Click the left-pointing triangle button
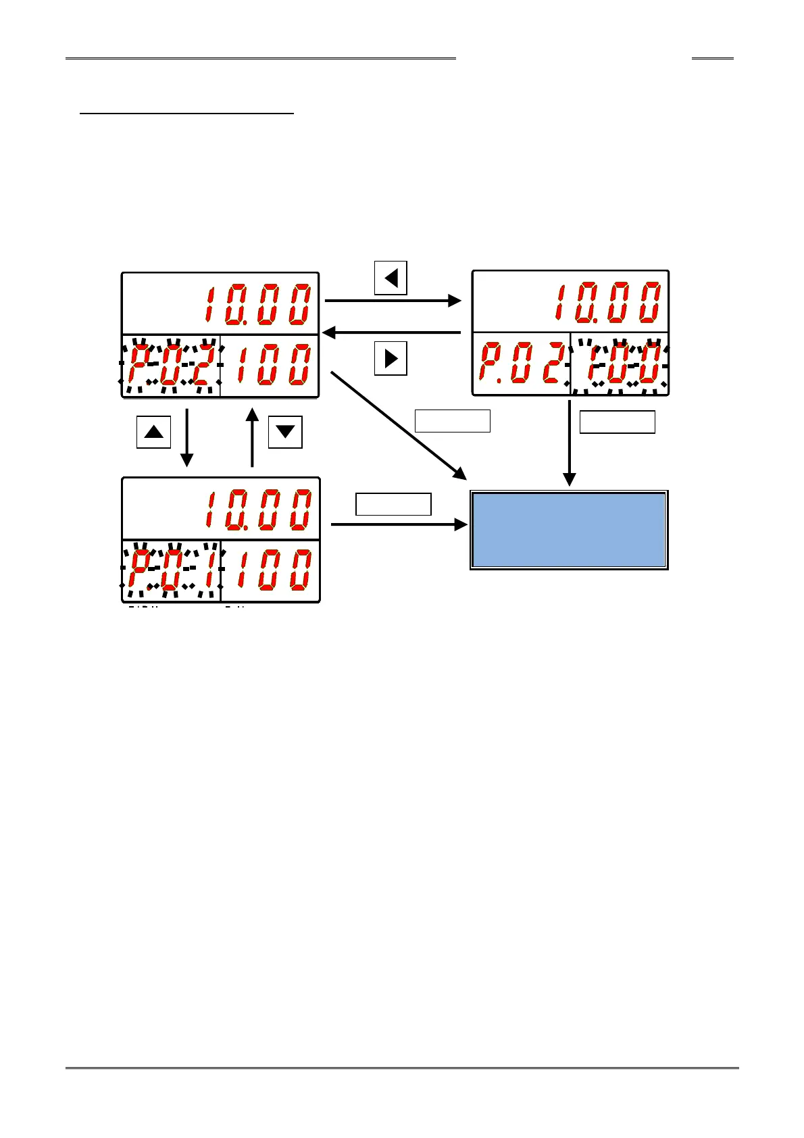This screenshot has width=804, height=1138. pos(391,278)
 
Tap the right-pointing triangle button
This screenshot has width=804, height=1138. pos(391,358)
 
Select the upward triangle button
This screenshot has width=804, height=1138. pos(154,432)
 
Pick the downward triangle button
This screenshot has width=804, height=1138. pos(285,432)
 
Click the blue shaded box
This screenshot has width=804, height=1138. pos(569,530)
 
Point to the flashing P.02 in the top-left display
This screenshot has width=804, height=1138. pos(171,366)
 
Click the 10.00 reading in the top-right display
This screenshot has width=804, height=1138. pos(607,301)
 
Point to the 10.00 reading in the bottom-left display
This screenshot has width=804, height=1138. pos(258,508)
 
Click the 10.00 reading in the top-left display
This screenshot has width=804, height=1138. pos(258,303)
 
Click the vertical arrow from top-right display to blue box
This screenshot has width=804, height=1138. pos(570,443)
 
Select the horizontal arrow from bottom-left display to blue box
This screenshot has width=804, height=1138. pos(399,524)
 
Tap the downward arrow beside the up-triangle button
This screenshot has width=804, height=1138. pos(186,437)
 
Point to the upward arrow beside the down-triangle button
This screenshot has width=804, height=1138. pos(252,437)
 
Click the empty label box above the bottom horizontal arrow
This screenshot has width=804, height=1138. pos(393,504)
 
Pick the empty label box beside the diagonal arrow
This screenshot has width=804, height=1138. pos(452,420)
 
